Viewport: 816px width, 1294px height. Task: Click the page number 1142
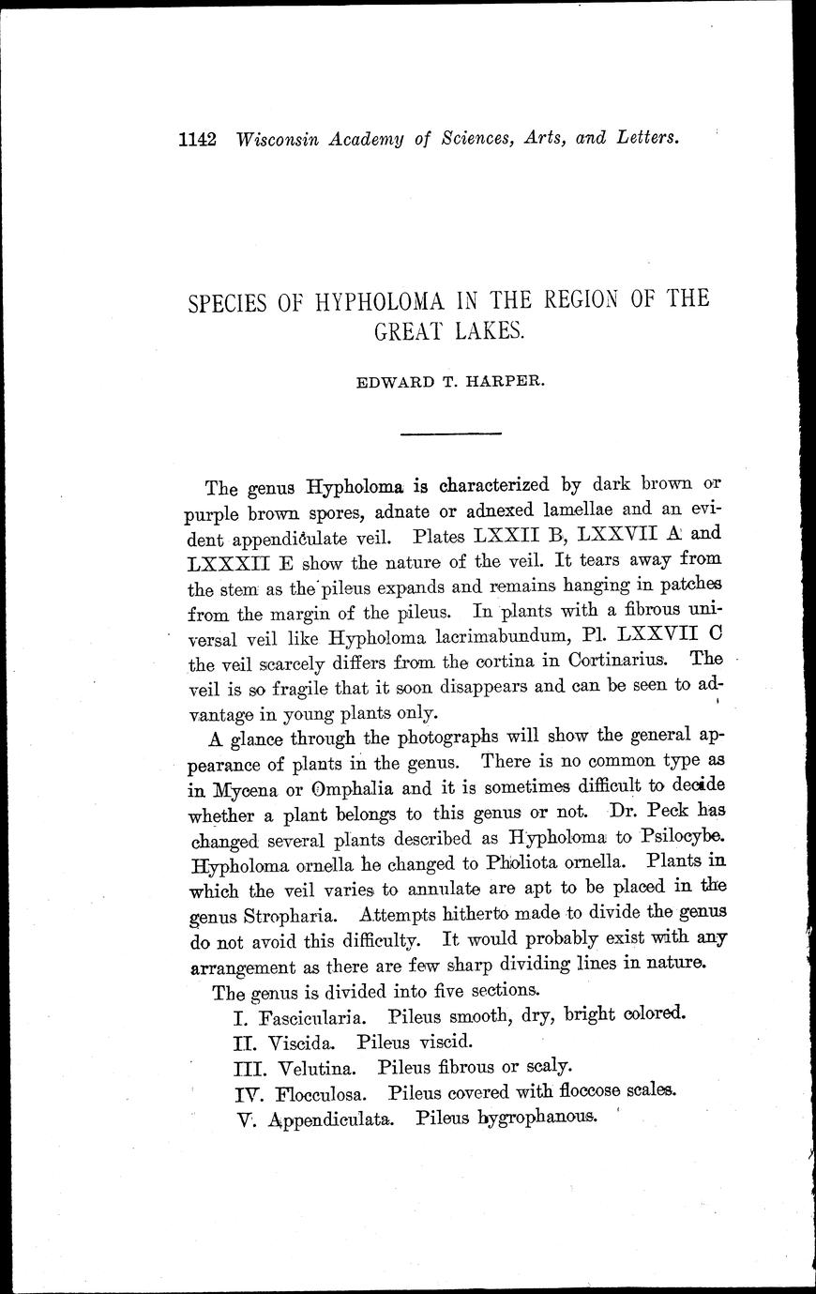coord(198,139)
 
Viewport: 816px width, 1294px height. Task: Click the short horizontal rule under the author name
coord(452,434)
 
